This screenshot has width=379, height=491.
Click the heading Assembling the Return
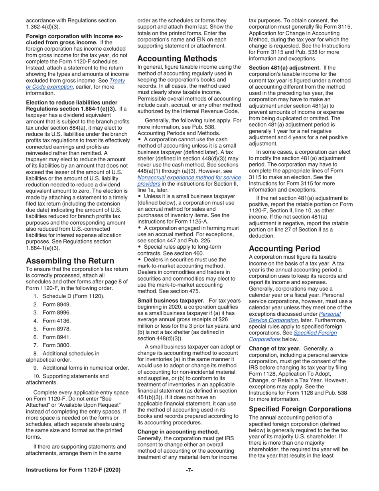70,261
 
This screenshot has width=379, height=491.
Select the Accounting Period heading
284,248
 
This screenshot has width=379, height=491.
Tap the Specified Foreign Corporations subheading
300,409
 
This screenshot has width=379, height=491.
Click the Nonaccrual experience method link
189,177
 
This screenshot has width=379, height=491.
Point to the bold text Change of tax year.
274,348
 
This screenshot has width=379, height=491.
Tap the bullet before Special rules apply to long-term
140,247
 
